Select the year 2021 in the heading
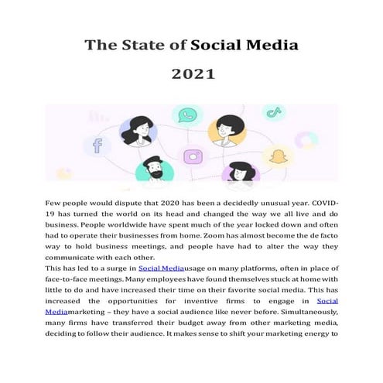click(193, 76)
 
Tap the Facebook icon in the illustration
click(97, 145)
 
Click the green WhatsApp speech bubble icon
click(186, 117)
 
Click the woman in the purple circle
click(242, 171)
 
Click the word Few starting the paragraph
click(55, 201)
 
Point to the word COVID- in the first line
click(321, 201)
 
